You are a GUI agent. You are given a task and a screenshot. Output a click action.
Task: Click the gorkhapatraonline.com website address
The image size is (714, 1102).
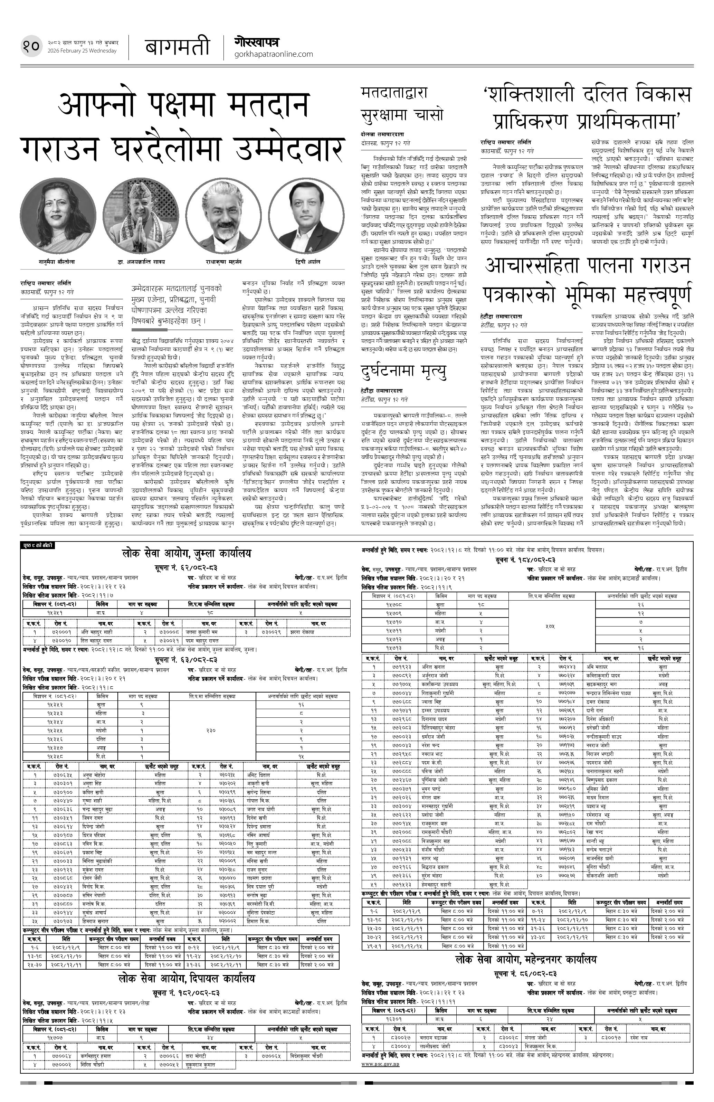pos(274,54)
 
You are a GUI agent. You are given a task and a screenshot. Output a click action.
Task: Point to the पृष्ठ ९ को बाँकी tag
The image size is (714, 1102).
pos(38,545)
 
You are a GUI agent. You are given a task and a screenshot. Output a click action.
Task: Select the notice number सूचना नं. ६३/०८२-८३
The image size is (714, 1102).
pos(186,659)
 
